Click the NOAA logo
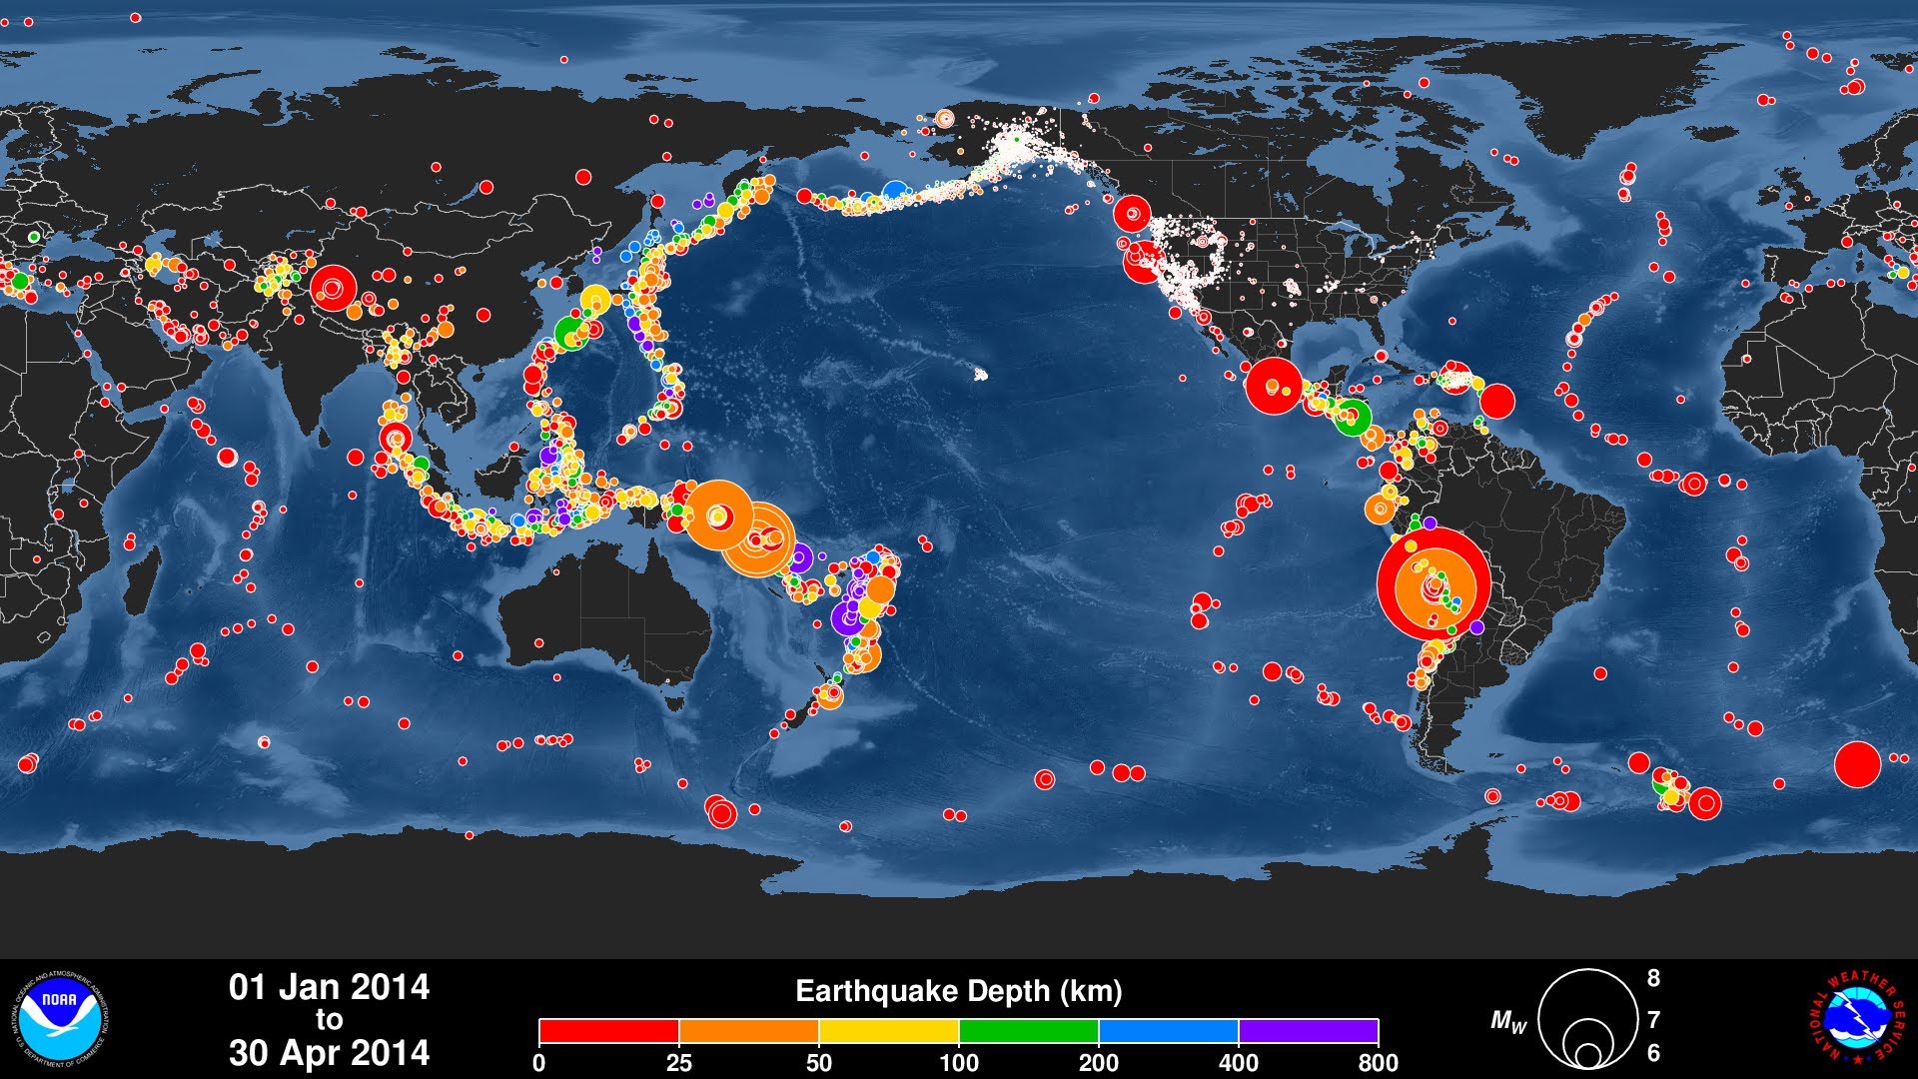pyautogui.click(x=62, y=1019)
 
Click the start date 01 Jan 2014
pyautogui.click(x=329, y=987)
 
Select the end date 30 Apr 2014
pyautogui.click(x=329, y=1053)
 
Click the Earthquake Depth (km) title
pyautogui.click(x=958, y=991)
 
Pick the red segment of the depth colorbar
pyautogui.click(x=608, y=1031)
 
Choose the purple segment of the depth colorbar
pyautogui.click(x=1308, y=1031)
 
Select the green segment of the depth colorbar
pyautogui.click(x=1028, y=1031)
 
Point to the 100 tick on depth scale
pyautogui.click(x=958, y=1063)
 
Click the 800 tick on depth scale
pyautogui.click(x=1378, y=1063)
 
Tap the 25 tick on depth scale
pyautogui.click(x=678, y=1063)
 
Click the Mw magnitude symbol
pyautogui.click(x=1508, y=1021)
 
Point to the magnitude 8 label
pyautogui.click(x=1653, y=978)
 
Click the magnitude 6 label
pyautogui.click(x=1653, y=1053)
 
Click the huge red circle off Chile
pyautogui.click(x=1434, y=583)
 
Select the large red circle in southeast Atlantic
pyautogui.click(x=1857, y=765)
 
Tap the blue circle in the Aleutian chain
pyautogui.click(x=895, y=190)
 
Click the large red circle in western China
pyautogui.click(x=332, y=288)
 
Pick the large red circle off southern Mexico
pyautogui.click(x=1274, y=386)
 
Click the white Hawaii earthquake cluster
pyautogui.click(x=980, y=375)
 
